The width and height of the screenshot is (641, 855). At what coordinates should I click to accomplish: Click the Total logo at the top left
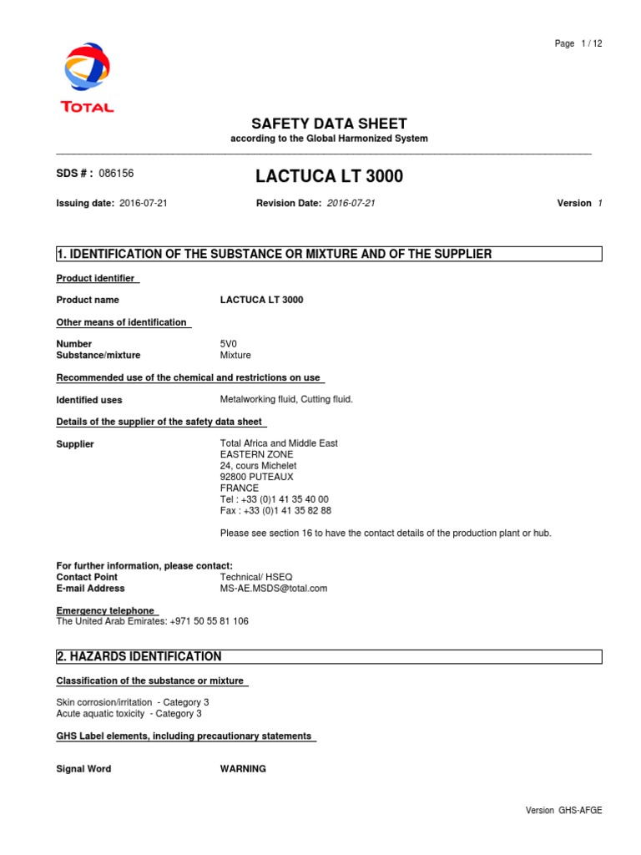coord(87,77)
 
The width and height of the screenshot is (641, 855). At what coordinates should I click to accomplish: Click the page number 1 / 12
coord(578,44)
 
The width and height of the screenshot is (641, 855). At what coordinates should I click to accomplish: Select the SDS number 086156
coord(116,174)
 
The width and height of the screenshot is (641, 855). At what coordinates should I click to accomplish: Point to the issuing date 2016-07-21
coord(144,203)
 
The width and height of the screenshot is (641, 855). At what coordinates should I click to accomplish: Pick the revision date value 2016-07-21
coord(351,203)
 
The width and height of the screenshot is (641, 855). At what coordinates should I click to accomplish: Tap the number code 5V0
coord(229,344)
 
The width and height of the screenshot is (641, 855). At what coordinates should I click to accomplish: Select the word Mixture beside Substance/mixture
coord(235,355)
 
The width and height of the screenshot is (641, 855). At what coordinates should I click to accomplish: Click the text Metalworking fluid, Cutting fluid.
coord(286,399)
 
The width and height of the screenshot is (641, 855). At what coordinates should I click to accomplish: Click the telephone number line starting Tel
coord(275,499)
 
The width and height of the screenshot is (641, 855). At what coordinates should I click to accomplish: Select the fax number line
coord(275,510)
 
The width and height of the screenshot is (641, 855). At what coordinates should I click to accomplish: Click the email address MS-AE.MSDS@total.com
coord(274,588)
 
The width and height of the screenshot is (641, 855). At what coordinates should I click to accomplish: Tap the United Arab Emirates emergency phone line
coord(152,621)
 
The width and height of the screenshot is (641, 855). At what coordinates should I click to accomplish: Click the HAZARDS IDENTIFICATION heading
coord(139,656)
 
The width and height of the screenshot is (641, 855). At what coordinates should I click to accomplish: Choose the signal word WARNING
coord(243,769)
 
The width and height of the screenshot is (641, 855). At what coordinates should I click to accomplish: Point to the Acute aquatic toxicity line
coord(129,714)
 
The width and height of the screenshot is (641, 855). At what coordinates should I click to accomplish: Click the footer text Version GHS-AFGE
coord(563,810)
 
